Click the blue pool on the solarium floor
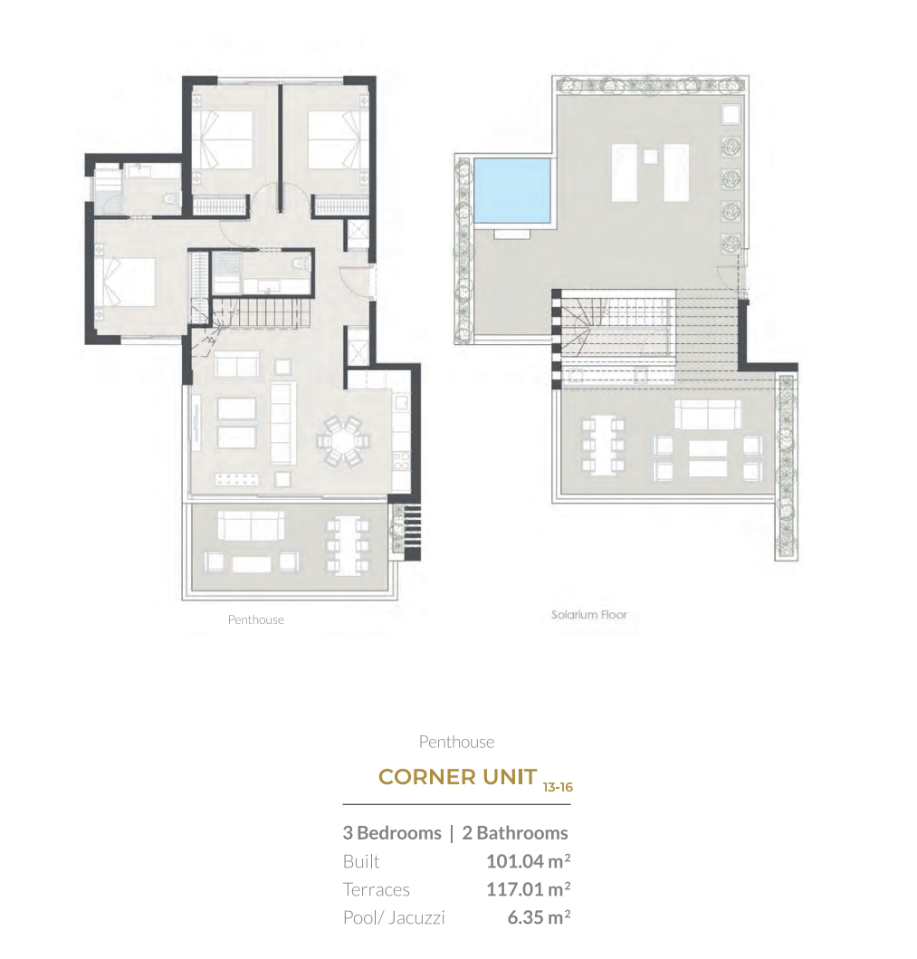[x=512, y=190]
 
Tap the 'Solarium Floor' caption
[x=588, y=615]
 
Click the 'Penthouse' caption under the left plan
[x=255, y=619]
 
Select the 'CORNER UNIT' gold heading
[x=457, y=777]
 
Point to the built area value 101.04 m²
[x=528, y=861]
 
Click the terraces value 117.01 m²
[x=528, y=889]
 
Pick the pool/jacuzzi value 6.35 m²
[x=539, y=917]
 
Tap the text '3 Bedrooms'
[x=392, y=833]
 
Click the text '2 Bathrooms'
[x=515, y=833]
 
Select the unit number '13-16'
[x=558, y=787]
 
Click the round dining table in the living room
[x=343, y=440]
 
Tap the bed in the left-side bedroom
[x=129, y=282]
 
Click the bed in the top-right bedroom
[x=334, y=139]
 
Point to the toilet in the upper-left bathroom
[x=172, y=198]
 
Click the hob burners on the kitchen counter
[x=401, y=461]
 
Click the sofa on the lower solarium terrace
[x=707, y=415]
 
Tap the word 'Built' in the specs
[x=361, y=861]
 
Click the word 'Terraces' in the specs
[x=376, y=889]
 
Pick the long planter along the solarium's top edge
[x=650, y=85]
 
